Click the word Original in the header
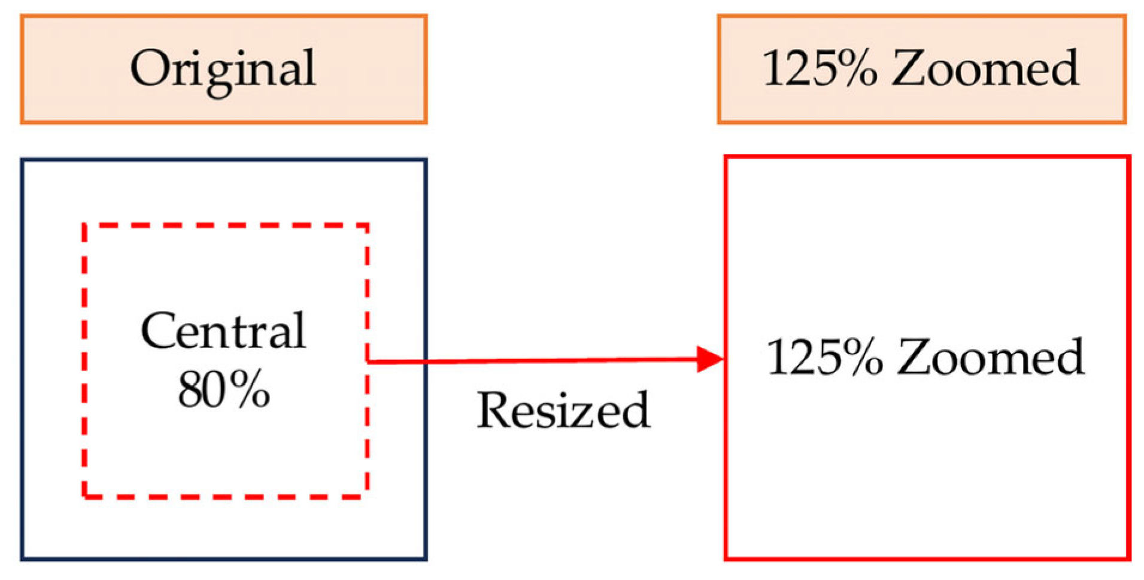click(x=223, y=69)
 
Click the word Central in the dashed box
click(x=223, y=331)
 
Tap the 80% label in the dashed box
click(x=223, y=389)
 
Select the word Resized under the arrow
click(x=563, y=410)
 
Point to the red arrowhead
click(x=710, y=360)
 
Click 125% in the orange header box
click(x=819, y=69)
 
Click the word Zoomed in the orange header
click(x=985, y=69)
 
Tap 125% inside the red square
click(x=824, y=357)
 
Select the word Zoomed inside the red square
click(x=991, y=357)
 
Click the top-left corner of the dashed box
click(x=84, y=226)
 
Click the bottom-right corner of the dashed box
click(x=366, y=496)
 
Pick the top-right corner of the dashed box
click(x=366, y=226)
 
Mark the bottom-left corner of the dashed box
click(x=84, y=496)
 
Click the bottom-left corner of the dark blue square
click(x=23, y=558)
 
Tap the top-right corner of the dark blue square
click(x=426, y=160)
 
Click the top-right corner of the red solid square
click(x=1129, y=158)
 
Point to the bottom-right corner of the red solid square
click(x=1129, y=558)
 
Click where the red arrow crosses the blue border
click(x=426, y=361)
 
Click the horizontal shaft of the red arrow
click(x=539, y=361)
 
